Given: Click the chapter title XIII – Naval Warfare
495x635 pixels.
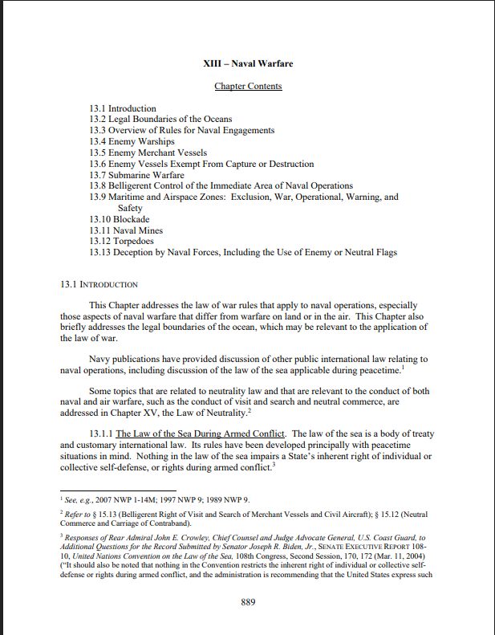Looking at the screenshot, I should (247, 63).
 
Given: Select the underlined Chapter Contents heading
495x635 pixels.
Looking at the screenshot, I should (248, 86).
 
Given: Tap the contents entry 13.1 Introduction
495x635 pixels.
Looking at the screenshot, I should (123, 108).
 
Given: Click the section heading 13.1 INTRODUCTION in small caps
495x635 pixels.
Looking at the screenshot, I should (99, 285).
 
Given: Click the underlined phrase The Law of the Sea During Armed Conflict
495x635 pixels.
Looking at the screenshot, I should (201, 434).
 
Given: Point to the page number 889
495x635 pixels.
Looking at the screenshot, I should (247, 603).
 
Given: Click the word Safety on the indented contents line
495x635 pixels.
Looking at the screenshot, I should (130, 208).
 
